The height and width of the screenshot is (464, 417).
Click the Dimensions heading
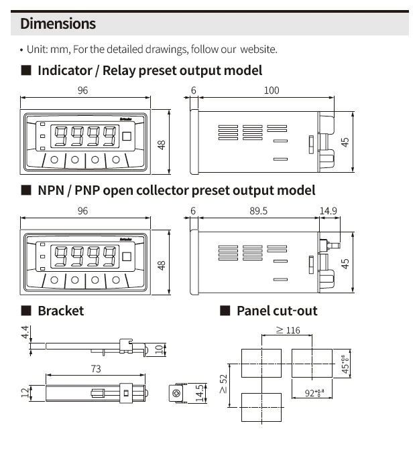[58, 24]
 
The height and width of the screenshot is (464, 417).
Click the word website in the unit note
[258, 50]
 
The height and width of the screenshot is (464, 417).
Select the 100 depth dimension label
[271, 90]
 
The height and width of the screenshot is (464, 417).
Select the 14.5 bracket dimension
[199, 392]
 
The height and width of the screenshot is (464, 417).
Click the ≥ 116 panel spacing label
[288, 330]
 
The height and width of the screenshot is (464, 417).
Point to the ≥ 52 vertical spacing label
[223, 384]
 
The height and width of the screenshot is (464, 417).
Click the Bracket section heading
[60, 311]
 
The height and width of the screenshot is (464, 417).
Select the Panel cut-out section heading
[277, 311]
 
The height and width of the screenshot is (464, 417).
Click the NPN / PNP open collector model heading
[176, 190]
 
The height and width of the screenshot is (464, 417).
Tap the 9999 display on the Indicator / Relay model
[84, 137]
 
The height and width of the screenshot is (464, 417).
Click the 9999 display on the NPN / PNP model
[84, 256]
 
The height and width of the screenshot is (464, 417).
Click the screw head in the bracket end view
[178, 393]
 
